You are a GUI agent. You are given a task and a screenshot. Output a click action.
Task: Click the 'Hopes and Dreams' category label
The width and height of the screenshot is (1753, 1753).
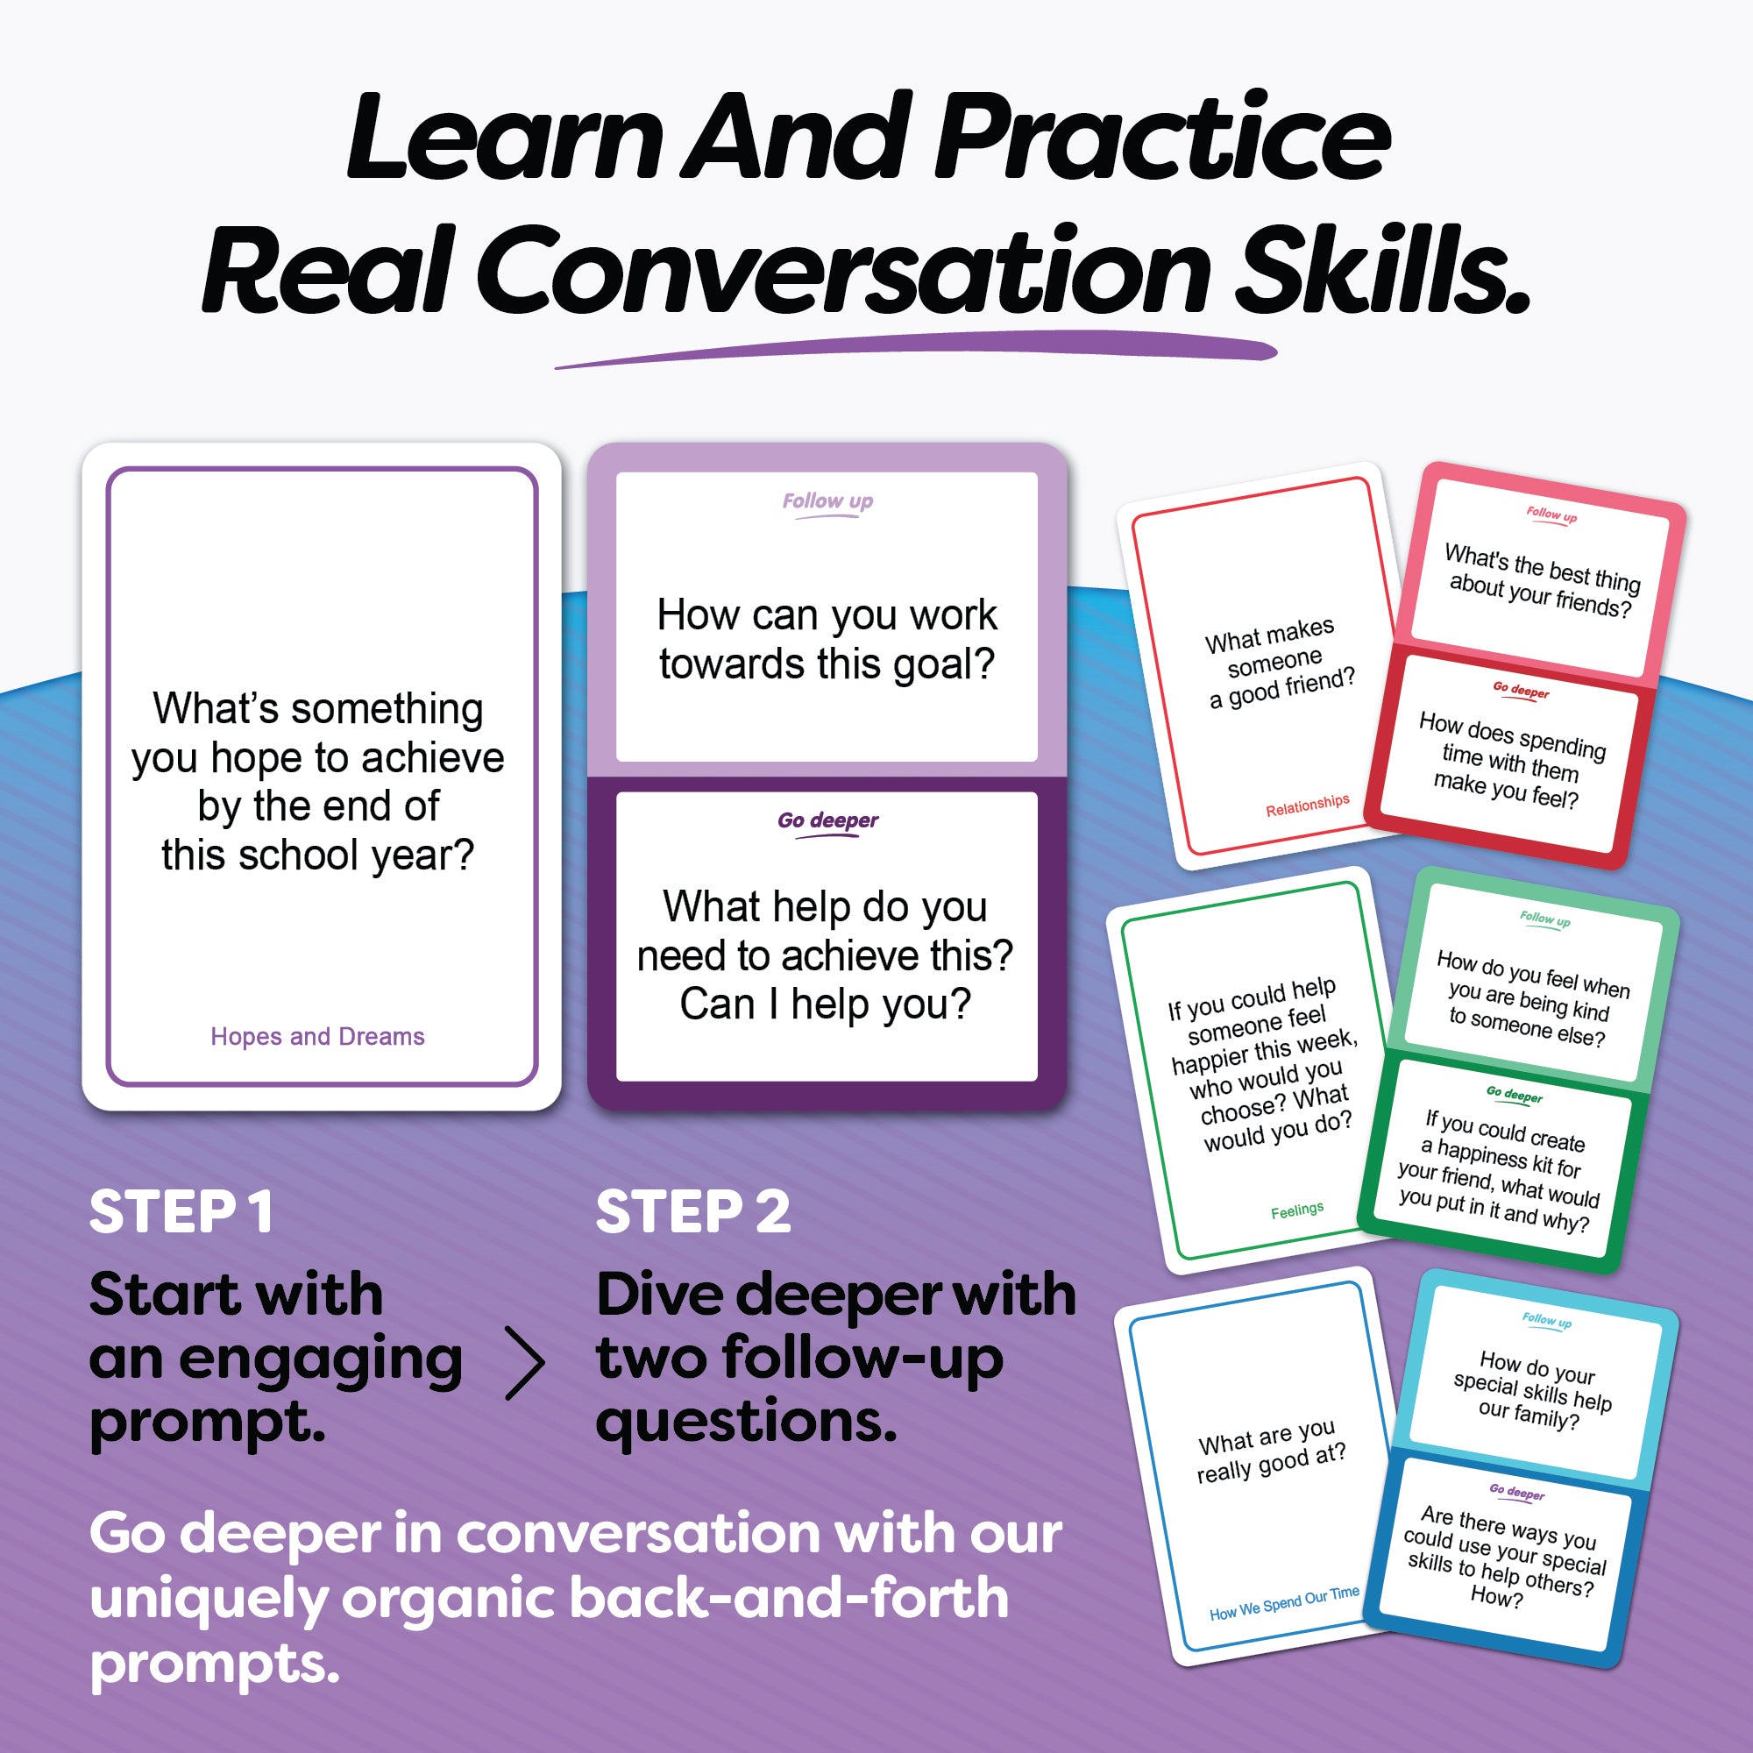coord(317,1037)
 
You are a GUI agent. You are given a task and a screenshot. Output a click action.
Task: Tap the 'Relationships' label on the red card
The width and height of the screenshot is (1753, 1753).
coord(1308,804)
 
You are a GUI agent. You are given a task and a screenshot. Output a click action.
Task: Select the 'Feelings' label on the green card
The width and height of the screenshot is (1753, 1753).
coord(1296,1210)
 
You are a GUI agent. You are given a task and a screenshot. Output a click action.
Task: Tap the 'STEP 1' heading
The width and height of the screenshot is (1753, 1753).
coord(181,1212)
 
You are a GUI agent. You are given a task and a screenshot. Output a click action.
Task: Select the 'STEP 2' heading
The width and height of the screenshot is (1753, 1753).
coord(693,1212)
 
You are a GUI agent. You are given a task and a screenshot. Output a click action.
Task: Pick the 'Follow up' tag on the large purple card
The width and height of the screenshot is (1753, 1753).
coord(827,501)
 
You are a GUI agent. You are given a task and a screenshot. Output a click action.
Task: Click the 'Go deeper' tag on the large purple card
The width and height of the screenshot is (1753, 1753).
coord(827,821)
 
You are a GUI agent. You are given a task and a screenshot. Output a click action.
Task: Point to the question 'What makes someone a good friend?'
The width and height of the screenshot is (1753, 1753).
coord(1279,664)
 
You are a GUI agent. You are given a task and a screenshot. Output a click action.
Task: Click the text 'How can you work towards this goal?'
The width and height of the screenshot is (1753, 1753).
coord(827,639)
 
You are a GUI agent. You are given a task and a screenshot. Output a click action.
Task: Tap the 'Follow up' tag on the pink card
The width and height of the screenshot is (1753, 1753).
coord(1551,515)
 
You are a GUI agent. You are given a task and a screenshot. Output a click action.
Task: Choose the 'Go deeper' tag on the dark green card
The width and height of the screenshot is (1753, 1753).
coord(1515,1095)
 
